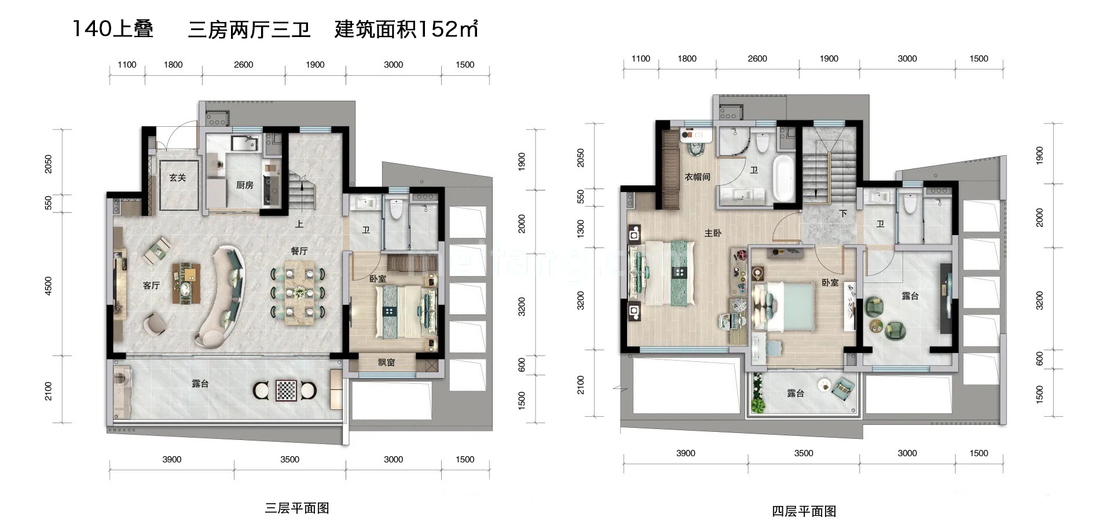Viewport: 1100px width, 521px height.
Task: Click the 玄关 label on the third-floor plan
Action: click(178, 178)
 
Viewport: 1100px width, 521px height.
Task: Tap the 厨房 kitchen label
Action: click(244, 185)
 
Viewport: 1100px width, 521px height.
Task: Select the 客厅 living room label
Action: click(151, 285)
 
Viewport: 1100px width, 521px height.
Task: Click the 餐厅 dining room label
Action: click(299, 251)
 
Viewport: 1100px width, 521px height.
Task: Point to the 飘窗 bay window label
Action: click(386, 362)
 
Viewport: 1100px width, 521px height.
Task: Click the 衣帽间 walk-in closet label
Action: click(697, 177)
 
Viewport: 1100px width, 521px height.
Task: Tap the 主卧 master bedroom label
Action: click(713, 233)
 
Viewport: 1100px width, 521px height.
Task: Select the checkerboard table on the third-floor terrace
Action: click(285, 391)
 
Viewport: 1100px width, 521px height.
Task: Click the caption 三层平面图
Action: click(296, 508)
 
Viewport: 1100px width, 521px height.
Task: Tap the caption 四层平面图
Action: click(804, 511)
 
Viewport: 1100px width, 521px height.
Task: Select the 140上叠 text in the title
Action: click(113, 29)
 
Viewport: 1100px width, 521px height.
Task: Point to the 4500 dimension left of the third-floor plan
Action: click(49, 286)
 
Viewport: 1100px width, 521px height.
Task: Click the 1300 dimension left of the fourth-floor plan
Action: click(581, 228)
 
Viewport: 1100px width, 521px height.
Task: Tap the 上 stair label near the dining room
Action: click(299, 224)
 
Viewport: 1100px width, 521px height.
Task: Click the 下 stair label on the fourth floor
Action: click(843, 214)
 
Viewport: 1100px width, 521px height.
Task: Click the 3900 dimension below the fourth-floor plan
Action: click(685, 453)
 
